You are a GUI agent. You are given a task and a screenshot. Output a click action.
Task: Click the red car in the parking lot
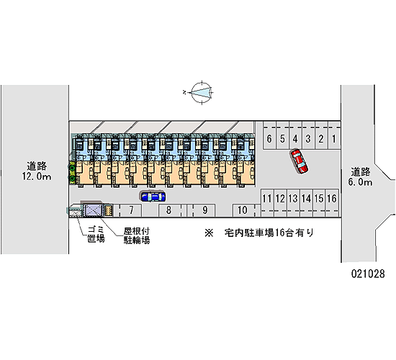click(x=299, y=161)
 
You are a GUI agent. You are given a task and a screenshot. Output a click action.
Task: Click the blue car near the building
click(x=153, y=197)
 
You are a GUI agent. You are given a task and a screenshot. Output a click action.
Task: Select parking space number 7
click(x=131, y=210)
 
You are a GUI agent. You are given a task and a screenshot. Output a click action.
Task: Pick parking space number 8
click(x=169, y=210)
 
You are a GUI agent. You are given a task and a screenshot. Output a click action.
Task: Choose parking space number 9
click(x=204, y=210)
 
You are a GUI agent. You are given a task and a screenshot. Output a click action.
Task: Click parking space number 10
click(x=243, y=210)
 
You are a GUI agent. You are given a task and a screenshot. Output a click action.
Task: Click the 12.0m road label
click(x=37, y=171)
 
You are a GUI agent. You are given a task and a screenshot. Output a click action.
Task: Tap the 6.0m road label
click(x=361, y=176)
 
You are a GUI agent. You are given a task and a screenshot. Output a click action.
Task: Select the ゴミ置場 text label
click(x=96, y=234)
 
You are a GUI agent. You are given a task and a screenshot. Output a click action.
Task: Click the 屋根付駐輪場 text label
click(x=137, y=235)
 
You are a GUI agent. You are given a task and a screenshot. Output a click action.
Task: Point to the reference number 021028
click(x=368, y=274)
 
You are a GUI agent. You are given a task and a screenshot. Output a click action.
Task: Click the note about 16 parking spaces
click(x=259, y=233)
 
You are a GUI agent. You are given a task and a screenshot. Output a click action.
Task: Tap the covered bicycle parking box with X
click(x=93, y=210)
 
